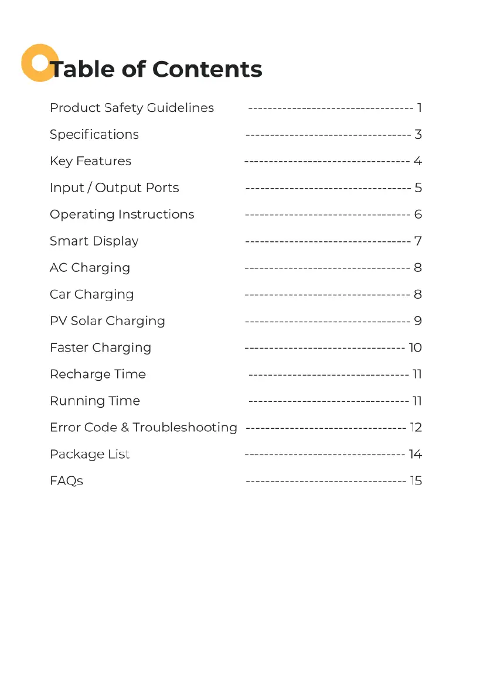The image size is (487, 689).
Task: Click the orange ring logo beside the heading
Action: pos(39,62)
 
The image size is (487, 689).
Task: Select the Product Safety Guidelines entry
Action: pos(131,108)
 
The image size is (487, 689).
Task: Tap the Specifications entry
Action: pos(94,135)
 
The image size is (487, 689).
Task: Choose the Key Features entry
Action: pos(90,161)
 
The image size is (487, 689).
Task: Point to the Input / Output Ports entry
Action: pos(114,188)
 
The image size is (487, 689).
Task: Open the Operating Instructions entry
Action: pos(122,214)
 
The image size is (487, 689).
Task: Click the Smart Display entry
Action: pos(94,241)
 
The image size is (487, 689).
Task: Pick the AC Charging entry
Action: pos(90,268)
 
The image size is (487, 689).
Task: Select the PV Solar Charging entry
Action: pos(107,321)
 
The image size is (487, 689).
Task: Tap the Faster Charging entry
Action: pos(100,348)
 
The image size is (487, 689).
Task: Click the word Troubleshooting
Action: pos(185,428)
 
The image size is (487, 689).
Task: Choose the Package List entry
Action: pos(90,455)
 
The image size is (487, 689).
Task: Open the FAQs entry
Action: pos(66,481)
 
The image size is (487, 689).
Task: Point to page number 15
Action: pos(416,481)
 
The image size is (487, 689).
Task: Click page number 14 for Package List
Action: pos(416,455)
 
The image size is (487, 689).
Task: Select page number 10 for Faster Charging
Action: pos(415,348)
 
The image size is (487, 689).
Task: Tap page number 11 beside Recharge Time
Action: pos(417,374)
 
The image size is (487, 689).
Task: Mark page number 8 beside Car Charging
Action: pos(418,295)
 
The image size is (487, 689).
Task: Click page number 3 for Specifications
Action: pos(418,135)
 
